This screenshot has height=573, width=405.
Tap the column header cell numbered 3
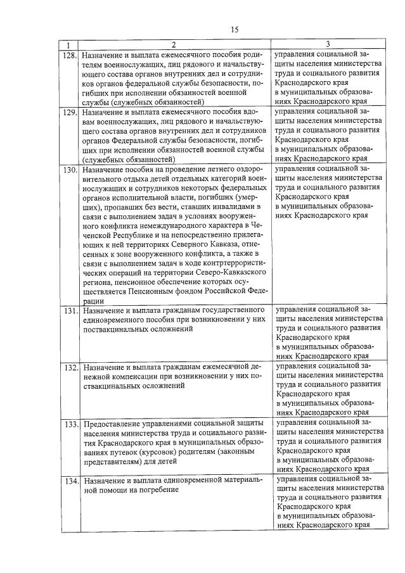[x=328, y=45]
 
